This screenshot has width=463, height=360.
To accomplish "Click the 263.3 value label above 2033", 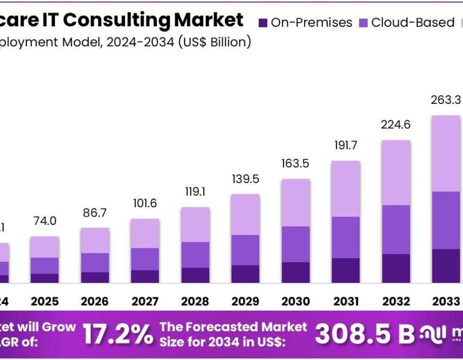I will click(x=446, y=101).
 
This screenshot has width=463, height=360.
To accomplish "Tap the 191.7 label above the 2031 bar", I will click(x=345, y=146).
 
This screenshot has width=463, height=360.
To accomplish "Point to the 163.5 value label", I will click(x=295, y=164).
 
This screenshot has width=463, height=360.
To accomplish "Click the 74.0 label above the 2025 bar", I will click(x=45, y=221).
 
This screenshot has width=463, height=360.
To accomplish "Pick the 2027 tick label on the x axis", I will click(x=145, y=301).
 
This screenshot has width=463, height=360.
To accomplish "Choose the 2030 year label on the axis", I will click(x=295, y=301).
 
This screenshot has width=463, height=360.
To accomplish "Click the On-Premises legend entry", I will click(x=306, y=23).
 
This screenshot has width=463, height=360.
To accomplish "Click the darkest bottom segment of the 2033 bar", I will click(x=446, y=266).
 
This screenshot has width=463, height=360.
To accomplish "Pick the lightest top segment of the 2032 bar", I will click(x=396, y=172).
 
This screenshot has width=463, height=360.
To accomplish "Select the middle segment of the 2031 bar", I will click(x=345, y=237).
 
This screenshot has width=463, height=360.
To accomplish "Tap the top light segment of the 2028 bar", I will click(x=195, y=225).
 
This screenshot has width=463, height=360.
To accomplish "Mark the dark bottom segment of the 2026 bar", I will click(x=95, y=277).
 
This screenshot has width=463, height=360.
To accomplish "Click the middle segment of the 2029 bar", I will click(x=245, y=250).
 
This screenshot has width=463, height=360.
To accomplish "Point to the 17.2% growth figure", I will click(x=118, y=334).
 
